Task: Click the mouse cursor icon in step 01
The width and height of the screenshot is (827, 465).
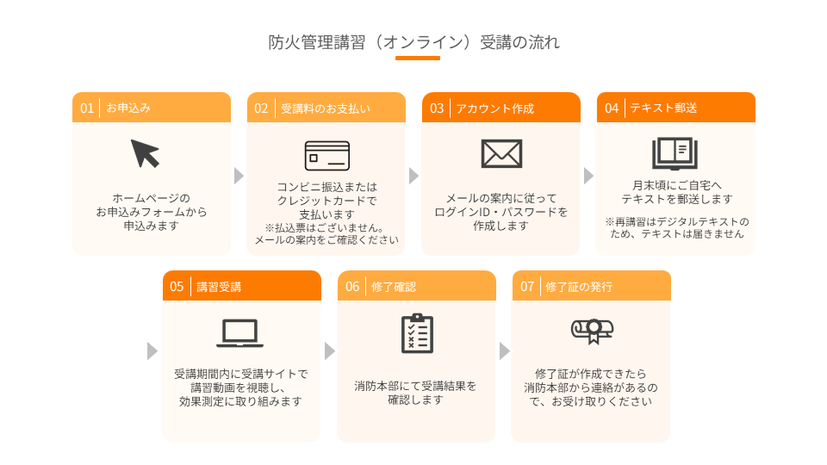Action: pos(145,153)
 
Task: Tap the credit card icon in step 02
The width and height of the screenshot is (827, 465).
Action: pos(327,156)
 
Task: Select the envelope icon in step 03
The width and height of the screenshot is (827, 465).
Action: pos(501,153)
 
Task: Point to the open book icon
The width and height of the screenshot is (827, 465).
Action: pos(675,153)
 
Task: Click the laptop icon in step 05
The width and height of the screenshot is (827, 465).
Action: pos(240,333)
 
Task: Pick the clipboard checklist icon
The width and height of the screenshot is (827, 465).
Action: pos(417,333)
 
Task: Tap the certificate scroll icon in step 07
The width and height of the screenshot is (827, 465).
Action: pos(593,331)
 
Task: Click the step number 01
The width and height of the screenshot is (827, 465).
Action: pos(87,108)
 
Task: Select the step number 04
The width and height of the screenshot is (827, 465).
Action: pos(612,108)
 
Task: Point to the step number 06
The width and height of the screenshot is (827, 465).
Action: pos(352,287)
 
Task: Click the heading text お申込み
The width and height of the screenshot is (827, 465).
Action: pos(128,108)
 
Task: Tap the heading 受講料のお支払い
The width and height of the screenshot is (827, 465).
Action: pos(326,108)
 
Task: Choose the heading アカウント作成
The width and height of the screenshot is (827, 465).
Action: pos(495,108)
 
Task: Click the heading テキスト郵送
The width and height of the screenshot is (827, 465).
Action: pos(663,108)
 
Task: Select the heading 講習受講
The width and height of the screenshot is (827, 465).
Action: pos(219,287)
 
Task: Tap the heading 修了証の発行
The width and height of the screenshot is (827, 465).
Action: pos(579,287)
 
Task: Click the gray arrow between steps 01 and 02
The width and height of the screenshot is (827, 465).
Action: pos(239,176)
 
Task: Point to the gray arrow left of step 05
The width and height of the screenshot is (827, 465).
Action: pos(152,350)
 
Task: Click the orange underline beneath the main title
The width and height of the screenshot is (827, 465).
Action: pos(418,58)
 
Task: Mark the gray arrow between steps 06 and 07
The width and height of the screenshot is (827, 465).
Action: pos(505,350)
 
